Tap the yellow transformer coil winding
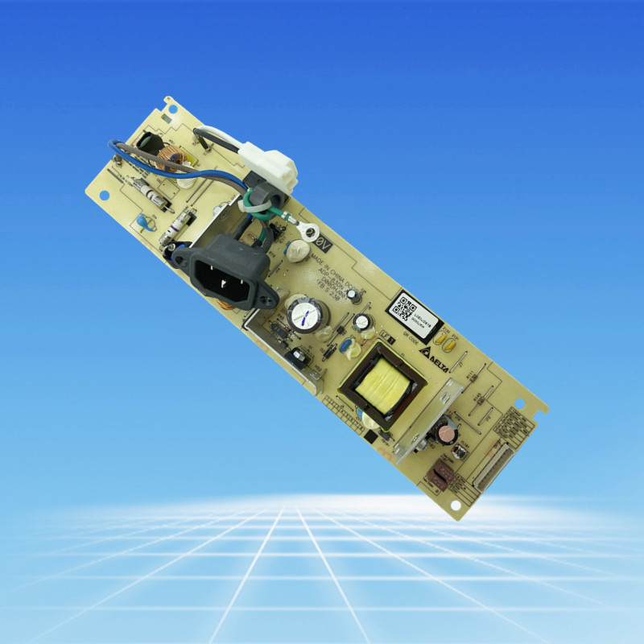(x=382, y=382)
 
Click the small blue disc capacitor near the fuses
(x=143, y=221)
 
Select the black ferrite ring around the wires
(x=264, y=197)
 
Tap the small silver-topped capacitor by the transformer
(x=363, y=322)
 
